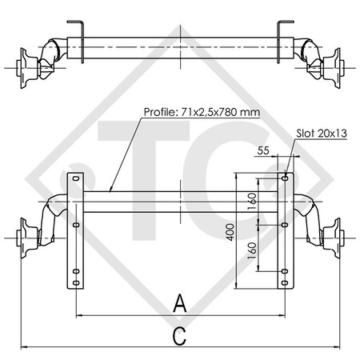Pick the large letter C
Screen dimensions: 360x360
tap(180, 336)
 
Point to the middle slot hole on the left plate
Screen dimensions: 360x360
tap(76, 226)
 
